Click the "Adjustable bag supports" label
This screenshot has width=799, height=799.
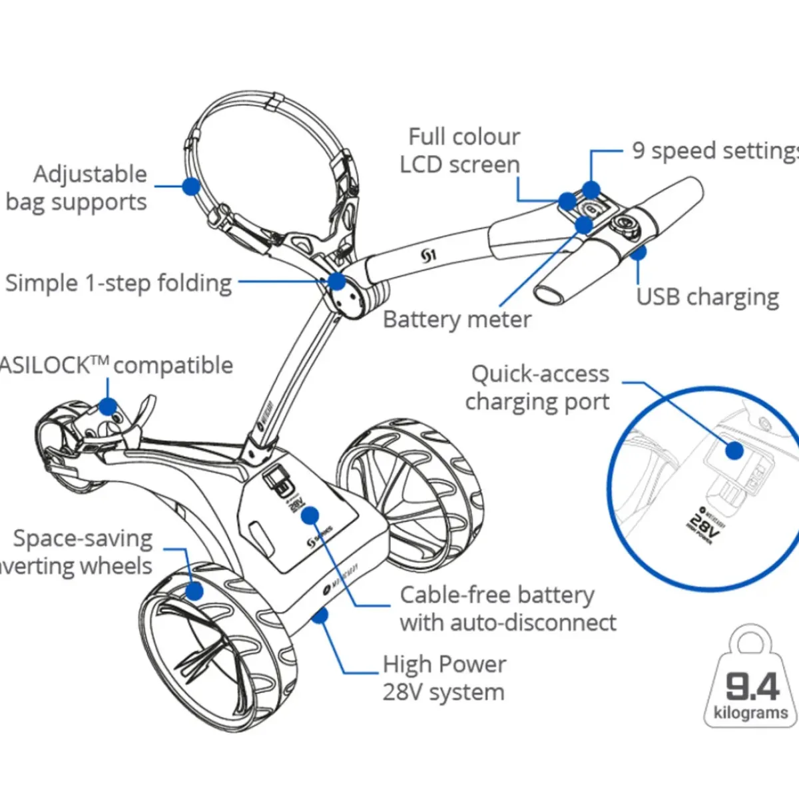pos(77,188)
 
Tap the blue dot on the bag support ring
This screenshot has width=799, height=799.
pos(191,186)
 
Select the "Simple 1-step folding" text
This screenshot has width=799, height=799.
pos(119,283)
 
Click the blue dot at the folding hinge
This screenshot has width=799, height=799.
pos(337,281)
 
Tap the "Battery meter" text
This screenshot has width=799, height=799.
pos(457,320)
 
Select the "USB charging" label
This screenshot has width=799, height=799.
pos(707,297)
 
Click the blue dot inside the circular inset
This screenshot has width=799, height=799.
pos(734,451)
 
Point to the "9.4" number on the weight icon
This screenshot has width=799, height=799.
pos(752,686)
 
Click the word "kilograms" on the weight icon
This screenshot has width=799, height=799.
pos(750,713)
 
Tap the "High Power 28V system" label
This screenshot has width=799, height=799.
pos(444,678)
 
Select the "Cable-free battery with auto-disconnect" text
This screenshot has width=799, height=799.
pos(507,609)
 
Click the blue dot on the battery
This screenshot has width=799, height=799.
pos(310,515)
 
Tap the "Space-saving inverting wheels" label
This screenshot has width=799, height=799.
pos(80,552)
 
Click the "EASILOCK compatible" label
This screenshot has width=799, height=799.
pos(117,365)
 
